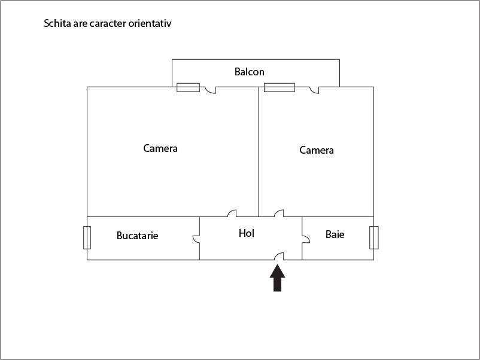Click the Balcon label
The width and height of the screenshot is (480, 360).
click(249, 72)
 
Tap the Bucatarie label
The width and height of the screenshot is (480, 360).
click(138, 236)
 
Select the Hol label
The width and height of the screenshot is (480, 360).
click(247, 233)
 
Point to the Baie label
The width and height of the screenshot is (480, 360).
click(335, 234)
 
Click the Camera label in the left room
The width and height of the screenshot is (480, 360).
click(160, 148)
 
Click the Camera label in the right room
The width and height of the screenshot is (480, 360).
click(317, 150)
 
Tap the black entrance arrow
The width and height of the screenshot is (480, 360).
click(277, 278)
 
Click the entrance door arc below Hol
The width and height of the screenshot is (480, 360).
click(279, 257)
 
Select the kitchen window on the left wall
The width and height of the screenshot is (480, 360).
click(87, 237)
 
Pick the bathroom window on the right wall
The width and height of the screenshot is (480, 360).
click(374, 237)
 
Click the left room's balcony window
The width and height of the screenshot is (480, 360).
click(189, 87)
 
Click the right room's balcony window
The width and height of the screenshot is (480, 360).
click(280, 87)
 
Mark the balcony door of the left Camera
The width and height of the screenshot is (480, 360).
click(211, 90)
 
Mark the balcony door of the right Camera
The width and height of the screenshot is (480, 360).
click(314, 90)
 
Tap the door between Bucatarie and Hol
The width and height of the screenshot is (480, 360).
click(196, 239)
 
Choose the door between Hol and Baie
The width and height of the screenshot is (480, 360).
click(306, 239)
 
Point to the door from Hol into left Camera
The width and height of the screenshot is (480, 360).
click(232, 213)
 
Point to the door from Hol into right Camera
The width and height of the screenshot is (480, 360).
click(279, 213)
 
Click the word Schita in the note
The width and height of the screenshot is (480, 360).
click(57, 23)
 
